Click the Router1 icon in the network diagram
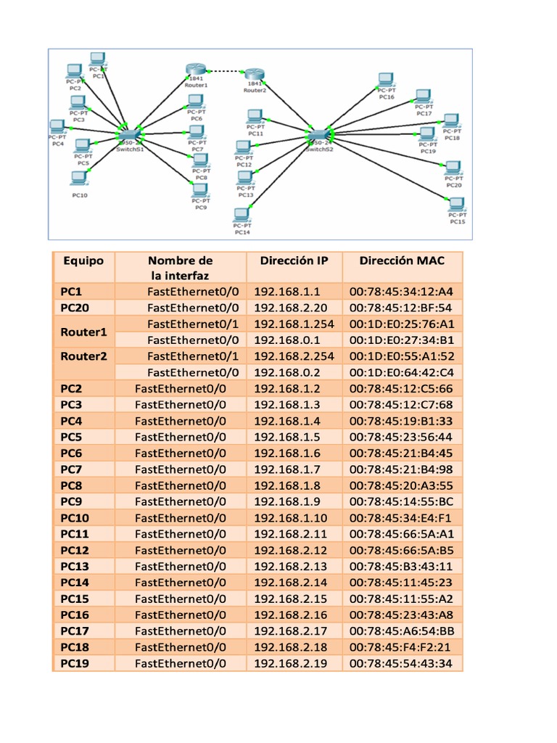click(196, 70)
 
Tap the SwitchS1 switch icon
click(128, 135)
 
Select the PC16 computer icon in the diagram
click(387, 81)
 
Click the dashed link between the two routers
click(225, 71)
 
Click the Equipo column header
click(83, 260)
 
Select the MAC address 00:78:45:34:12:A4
click(401, 292)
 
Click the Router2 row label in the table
click(83, 356)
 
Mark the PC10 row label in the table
click(75, 518)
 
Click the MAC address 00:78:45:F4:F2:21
click(400, 647)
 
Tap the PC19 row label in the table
click(75, 663)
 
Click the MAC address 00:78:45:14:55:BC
click(401, 501)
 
